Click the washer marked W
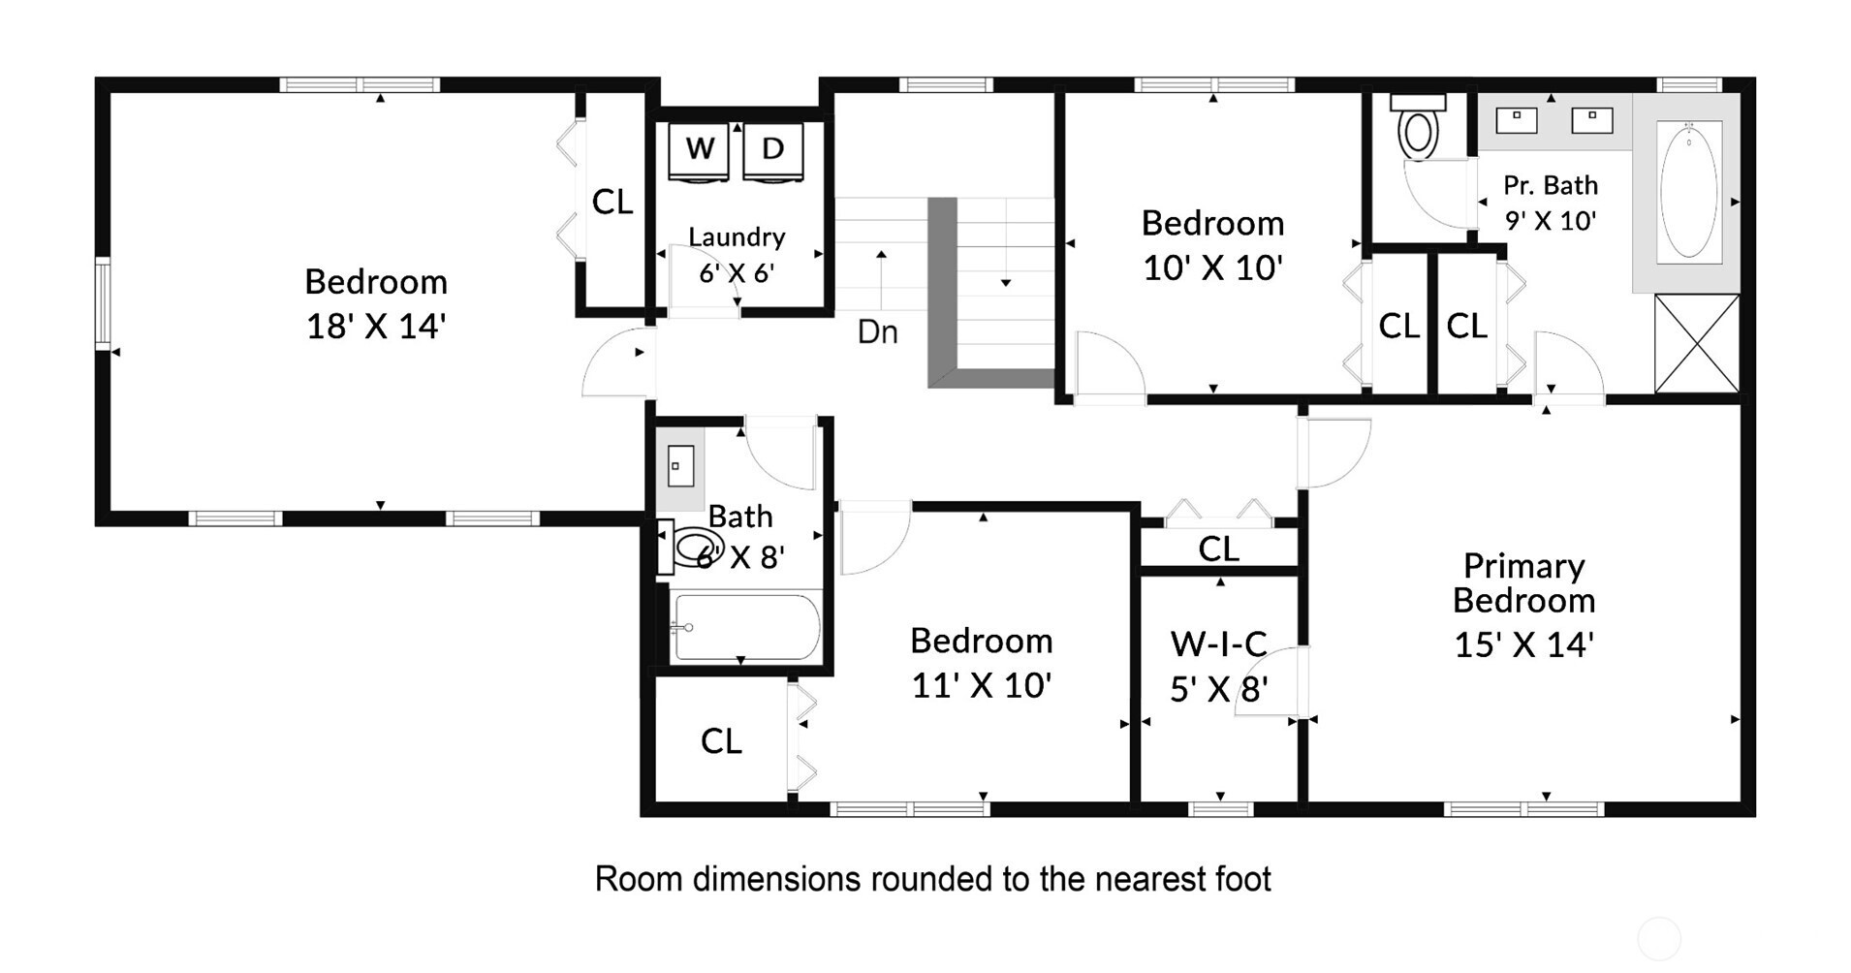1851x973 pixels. click(x=699, y=151)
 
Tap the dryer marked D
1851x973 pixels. click(x=771, y=151)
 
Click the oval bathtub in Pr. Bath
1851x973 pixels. click(x=1689, y=190)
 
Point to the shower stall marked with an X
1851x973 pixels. click(x=1697, y=344)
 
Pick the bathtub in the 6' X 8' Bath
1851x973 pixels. click(x=745, y=627)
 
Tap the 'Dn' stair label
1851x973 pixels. click(x=878, y=331)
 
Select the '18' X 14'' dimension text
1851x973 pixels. click(x=376, y=327)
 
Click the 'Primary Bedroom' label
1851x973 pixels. click(x=1523, y=582)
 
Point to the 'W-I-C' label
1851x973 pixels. click(x=1219, y=643)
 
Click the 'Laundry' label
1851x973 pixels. click(x=737, y=237)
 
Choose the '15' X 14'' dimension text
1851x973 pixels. click(x=1524, y=645)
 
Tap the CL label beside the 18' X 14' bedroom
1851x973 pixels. click(x=612, y=202)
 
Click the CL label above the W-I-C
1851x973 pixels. click(x=1218, y=549)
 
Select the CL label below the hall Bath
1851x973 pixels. click(x=721, y=741)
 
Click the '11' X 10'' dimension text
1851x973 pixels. click(x=982, y=686)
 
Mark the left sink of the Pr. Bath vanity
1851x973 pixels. click(x=1517, y=120)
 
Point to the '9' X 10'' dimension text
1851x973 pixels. click(x=1551, y=221)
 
